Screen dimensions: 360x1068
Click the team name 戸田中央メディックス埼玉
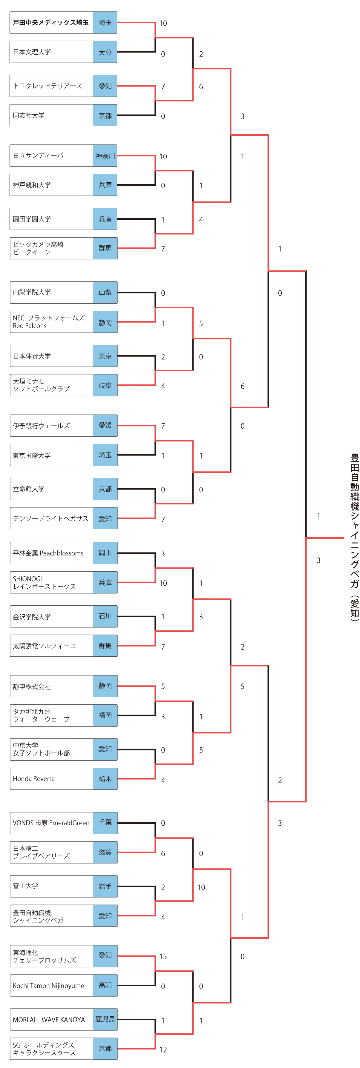[x=50, y=23]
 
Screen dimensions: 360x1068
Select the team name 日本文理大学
[x=32, y=52]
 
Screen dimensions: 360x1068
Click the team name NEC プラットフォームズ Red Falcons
[x=48, y=322]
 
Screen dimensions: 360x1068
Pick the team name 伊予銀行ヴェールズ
[x=41, y=426]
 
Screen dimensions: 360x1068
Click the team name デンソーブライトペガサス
[x=50, y=519]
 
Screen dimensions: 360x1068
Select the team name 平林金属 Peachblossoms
[x=48, y=553]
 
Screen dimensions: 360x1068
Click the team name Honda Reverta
[x=33, y=778]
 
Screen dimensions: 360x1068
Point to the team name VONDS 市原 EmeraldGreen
[x=51, y=823]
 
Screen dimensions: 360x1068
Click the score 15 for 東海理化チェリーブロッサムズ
[x=163, y=956]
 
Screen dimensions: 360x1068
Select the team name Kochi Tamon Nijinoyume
[x=48, y=986]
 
